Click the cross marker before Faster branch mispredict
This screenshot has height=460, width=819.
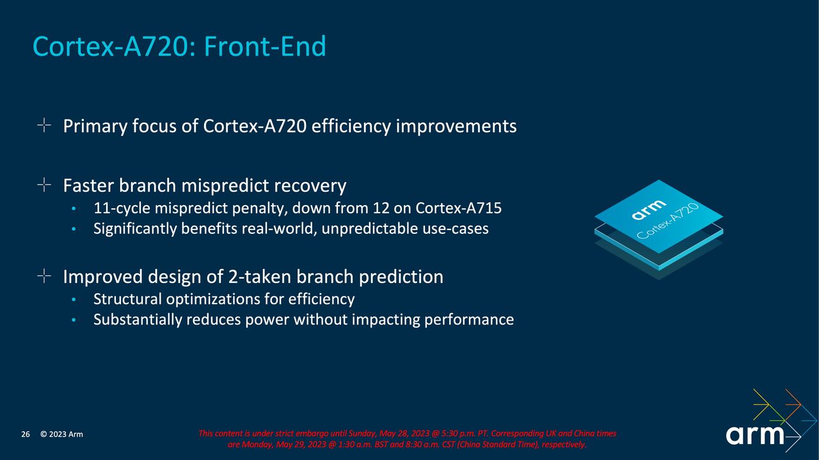point(44,185)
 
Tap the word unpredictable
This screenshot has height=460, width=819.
point(367,229)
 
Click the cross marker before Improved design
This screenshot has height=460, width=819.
point(44,276)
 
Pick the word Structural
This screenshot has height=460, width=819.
point(127,299)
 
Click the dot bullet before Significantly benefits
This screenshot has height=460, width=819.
point(74,229)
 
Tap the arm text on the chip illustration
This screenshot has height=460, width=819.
point(648,210)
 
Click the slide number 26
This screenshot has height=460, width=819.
point(26,435)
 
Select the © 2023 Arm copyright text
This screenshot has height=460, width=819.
point(61,435)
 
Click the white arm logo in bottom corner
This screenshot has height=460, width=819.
point(756,435)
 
